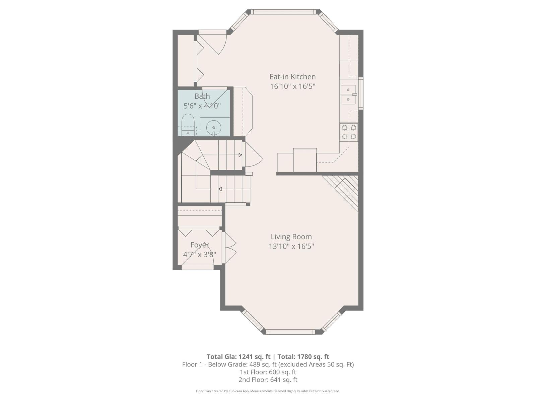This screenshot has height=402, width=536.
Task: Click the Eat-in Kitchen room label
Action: point(293,77)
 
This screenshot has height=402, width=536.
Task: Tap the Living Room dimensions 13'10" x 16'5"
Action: point(291,247)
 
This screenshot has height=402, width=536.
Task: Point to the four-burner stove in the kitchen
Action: point(349,132)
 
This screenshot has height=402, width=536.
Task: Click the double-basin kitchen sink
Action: point(348,95)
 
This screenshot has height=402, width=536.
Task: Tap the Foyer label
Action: point(200,245)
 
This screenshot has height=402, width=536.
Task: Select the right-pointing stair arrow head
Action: point(240,155)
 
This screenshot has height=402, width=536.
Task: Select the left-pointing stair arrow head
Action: point(220,189)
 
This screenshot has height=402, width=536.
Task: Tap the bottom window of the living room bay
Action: point(290,332)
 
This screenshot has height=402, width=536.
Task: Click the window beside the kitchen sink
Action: point(361,93)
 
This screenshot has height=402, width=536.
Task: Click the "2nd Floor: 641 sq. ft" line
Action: point(268,380)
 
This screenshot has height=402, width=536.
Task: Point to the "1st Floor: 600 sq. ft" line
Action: point(268,372)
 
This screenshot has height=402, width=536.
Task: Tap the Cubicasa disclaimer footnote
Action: point(268,391)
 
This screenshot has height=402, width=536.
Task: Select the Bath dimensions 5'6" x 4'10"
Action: point(202,106)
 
